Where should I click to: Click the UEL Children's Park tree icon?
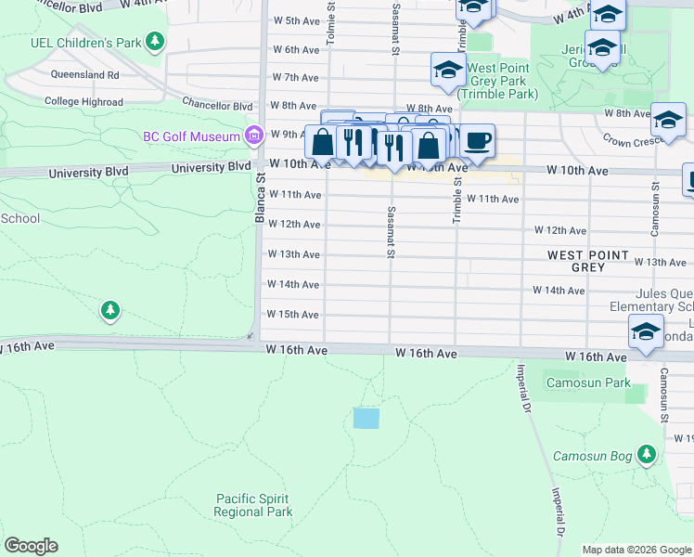coord(156,41)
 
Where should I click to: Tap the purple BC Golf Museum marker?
coord(251,136)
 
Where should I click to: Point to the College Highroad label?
coord(84,102)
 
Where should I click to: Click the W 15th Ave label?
coord(292,314)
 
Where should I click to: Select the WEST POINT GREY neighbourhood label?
coord(587,261)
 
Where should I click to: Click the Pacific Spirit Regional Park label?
coord(252,505)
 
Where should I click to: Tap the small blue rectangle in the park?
coord(366,418)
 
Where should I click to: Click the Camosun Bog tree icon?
coord(649,455)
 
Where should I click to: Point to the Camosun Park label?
coord(587,382)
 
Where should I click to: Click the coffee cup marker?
coord(477,141)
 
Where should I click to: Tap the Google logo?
coord(31,546)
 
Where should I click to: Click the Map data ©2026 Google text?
coord(636,550)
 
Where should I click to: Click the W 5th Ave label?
coord(295,20)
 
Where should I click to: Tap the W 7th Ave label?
coord(295,77)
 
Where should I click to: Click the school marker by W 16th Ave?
coord(646,331)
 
